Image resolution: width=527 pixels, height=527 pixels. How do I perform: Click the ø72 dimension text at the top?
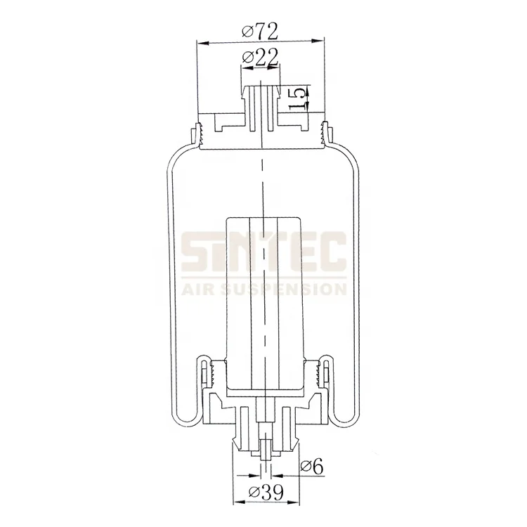click(260, 30)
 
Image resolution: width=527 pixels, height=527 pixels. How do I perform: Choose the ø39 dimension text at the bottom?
click(261, 493)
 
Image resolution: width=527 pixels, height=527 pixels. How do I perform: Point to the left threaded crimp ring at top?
click(196, 134)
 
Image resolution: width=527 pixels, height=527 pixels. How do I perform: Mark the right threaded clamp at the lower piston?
click(324, 372)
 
